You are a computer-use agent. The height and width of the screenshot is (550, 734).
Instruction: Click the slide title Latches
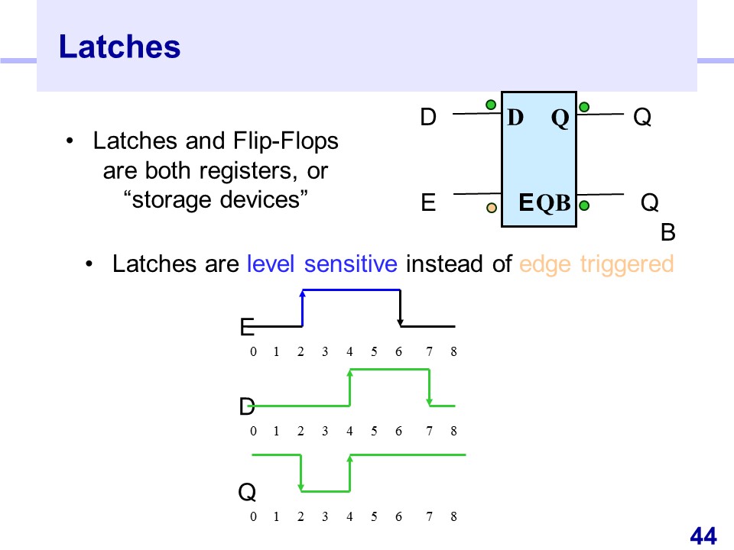pos(119,47)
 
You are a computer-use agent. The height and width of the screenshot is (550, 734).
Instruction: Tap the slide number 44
pos(703,536)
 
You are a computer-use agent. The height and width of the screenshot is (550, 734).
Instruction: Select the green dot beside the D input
pos(490,104)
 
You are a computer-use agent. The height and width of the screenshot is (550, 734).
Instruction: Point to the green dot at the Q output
pos(584,107)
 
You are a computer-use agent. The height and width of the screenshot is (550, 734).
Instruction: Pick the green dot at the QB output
pos(584,205)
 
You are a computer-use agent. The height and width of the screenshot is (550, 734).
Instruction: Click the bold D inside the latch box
pos(515,118)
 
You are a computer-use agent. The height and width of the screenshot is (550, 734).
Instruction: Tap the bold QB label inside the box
pos(554,203)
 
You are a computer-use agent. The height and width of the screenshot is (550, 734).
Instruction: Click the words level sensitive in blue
pos(322,264)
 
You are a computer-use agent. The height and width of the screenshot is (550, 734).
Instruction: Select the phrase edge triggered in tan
pos(596,264)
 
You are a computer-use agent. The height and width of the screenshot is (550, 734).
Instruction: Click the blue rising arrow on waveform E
pos(303,307)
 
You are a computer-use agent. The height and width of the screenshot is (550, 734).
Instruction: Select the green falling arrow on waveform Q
pos(302,474)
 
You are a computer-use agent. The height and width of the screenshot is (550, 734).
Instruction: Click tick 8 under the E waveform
pos(453,352)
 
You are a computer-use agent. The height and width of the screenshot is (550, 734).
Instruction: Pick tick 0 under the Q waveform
pos(253,517)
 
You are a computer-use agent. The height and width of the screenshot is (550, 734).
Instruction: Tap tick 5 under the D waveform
pos(374,431)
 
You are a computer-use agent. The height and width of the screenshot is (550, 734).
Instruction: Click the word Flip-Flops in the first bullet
pos(284,141)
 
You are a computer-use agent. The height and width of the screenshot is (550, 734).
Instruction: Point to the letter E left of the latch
pos(428,203)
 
